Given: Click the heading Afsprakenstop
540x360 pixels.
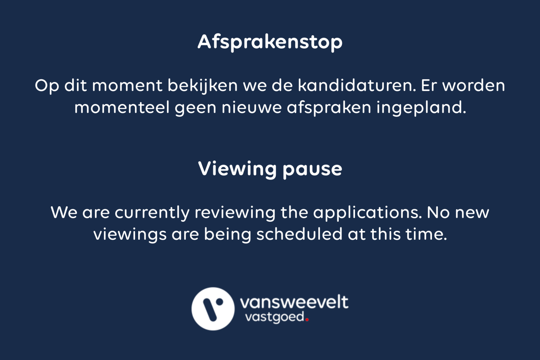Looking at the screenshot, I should pos(270,42).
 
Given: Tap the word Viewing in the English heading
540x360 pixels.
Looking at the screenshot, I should pos(237,169).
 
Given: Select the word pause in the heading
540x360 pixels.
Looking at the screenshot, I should pos(312,169).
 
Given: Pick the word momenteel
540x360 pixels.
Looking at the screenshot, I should pos(122,108).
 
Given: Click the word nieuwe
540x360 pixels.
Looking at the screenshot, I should pos(251,108).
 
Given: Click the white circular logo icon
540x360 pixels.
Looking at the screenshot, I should pos(213,309).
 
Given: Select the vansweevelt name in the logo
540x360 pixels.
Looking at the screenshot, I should pos(294,302).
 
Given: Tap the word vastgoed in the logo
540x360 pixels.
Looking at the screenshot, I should pos(275,318).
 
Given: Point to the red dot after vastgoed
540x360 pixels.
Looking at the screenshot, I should pos(307,320).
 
